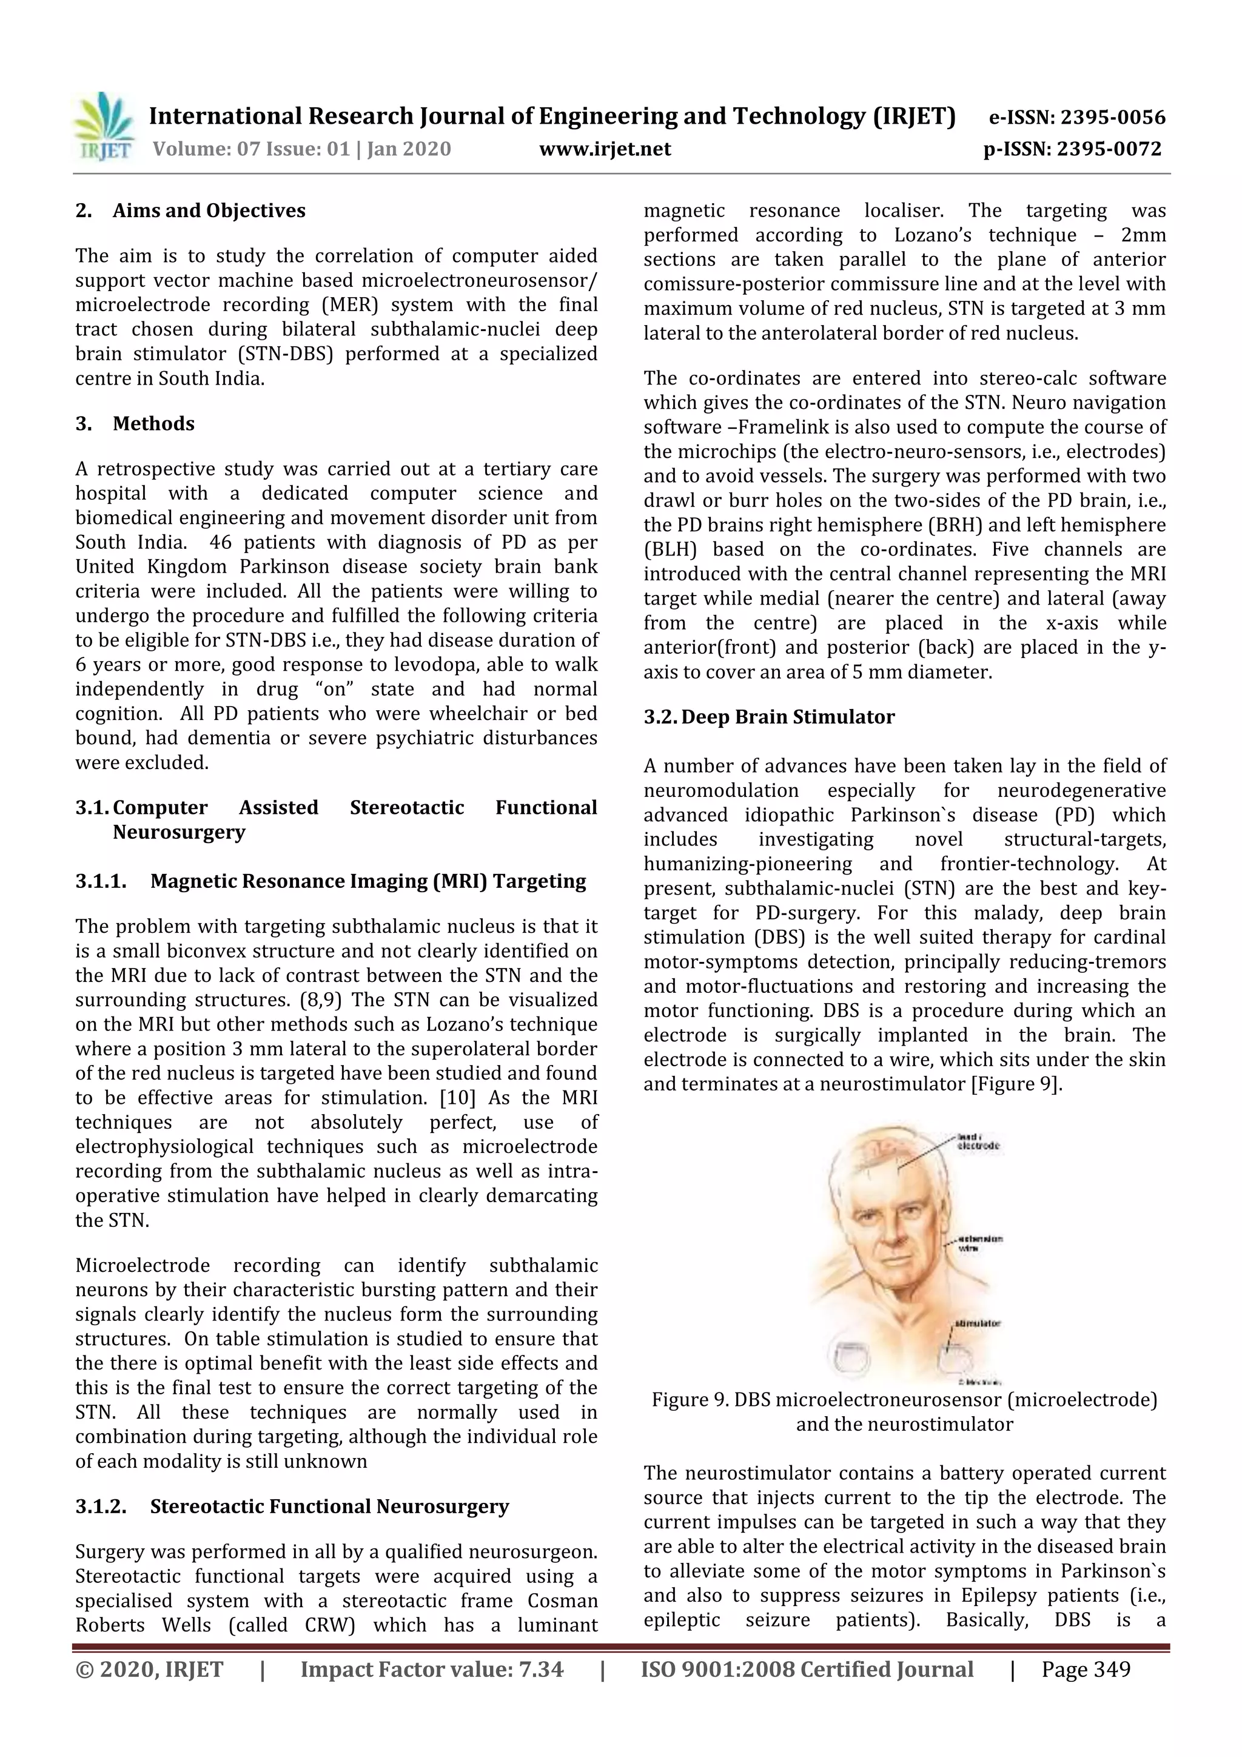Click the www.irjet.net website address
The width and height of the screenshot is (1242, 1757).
click(605, 149)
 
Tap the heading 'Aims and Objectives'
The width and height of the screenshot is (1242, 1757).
click(208, 210)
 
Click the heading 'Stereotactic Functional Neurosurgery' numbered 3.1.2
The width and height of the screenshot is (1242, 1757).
click(329, 1506)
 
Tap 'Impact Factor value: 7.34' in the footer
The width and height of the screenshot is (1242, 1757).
click(432, 1669)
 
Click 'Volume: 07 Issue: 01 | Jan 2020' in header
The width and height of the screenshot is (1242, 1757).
click(301, 149)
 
